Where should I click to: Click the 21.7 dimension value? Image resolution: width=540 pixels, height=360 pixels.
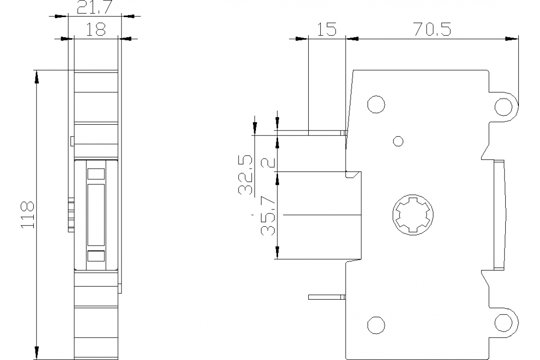point(94,7)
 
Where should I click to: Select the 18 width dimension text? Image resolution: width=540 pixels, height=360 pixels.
point(95,29)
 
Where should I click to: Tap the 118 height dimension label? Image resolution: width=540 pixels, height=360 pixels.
point(27,215)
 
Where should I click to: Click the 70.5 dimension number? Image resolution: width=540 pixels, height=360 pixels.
point(432,30)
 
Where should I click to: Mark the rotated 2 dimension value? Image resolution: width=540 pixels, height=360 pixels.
point(269,161)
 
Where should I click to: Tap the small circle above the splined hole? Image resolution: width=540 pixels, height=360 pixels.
point(398,141)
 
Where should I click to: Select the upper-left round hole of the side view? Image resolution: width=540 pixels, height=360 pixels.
point(376,104)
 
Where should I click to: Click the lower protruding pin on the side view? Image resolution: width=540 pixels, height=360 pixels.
point(327,297)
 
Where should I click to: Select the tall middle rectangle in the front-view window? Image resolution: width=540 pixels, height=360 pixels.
point(96,214)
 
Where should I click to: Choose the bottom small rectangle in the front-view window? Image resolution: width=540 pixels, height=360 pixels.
point(96,256)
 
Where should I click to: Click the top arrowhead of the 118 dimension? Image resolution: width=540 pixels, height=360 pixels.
point(36,76)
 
